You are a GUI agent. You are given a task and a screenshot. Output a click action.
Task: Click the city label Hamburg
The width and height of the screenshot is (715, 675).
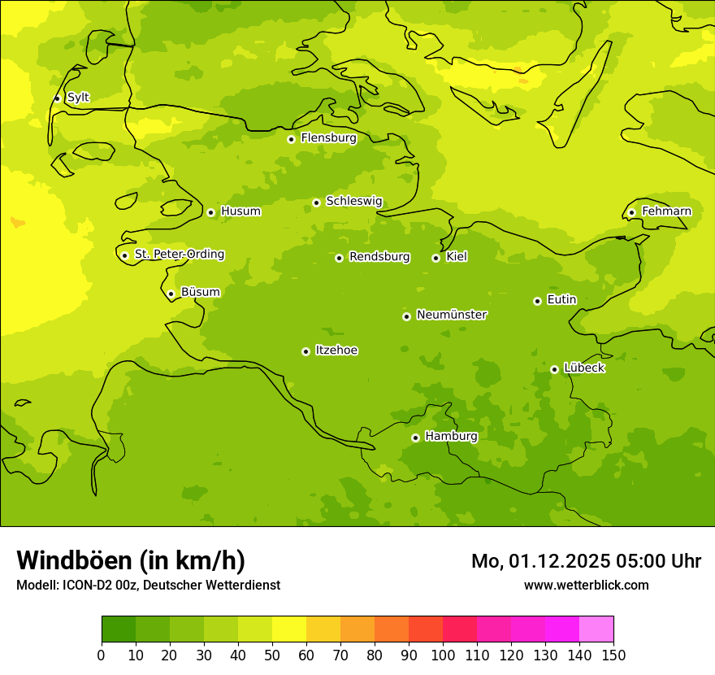pyautogui.click(x=451, y=437)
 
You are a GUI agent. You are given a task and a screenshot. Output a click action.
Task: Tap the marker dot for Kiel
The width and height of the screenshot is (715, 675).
pyautogui.click(x=435, y=258)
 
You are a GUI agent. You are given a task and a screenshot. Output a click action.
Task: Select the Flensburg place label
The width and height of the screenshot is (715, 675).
pyautogui.click(x=328, y=138)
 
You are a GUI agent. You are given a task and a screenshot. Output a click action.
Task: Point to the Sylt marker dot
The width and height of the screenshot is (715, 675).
pyautogui.click(x=57, y=98)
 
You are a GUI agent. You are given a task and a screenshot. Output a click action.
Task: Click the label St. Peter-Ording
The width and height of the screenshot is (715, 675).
pyautogui.click(x=179, y=255)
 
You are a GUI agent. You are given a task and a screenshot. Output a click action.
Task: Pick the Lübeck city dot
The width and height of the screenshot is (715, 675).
pyautogui.click(x=554, y=369)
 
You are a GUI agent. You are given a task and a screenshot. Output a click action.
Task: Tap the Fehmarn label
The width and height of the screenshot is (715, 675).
pyautogui.click(x=666, y=211)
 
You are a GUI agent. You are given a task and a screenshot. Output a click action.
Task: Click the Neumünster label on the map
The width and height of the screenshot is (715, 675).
pyautogui.click(x=451, y=315)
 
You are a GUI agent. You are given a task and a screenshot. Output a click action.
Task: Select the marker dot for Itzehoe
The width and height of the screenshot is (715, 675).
pyautogui.click(x=305, y=351)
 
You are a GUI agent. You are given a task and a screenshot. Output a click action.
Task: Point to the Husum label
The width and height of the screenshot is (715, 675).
pyautogui.click(x=240, y=211)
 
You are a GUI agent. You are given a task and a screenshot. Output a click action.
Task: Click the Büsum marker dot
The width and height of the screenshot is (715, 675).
pyautogui.click(x=171, y=294)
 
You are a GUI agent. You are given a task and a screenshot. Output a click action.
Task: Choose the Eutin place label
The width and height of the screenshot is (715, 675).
pyautogui.click(x=561, y=300)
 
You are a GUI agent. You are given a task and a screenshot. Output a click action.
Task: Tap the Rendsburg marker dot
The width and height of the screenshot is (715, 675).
pyautogui.click(x=339, y=258)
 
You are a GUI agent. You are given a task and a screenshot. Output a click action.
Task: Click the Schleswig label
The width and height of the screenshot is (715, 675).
pyautogui.click(x=353, y=202)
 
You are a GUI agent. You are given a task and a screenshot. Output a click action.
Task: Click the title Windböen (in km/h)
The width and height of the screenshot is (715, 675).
pyautogui.click(x=131, y=560)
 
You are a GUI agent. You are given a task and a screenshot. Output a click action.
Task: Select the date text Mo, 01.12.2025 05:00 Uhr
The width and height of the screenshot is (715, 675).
pyautogui.click(x=586, y=561)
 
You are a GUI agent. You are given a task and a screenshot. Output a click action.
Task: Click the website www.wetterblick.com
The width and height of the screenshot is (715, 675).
pyautogui.click(x=586, y=585)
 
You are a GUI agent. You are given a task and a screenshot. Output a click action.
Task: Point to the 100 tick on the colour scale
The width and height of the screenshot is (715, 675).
pyautogui.click(x=443, y=655)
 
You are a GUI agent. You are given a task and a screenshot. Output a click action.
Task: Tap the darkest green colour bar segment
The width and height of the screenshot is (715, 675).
pyautogui.click(x=119, y=629)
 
